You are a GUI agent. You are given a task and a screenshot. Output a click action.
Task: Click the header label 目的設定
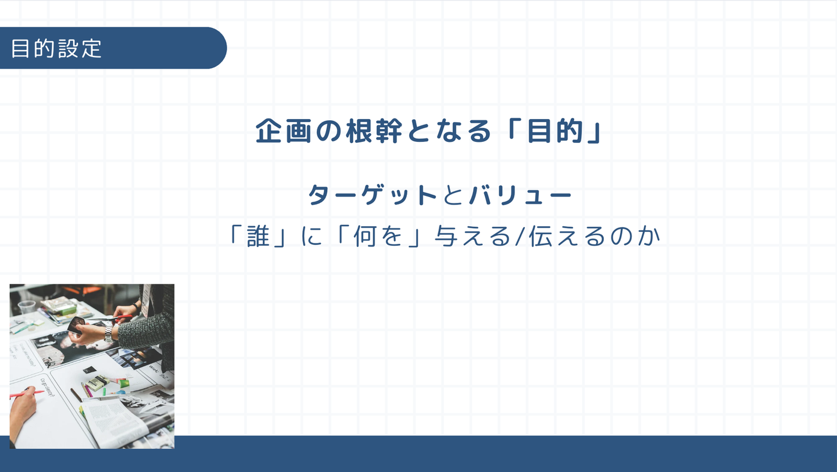56,49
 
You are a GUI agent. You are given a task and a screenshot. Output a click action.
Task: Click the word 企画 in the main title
283,131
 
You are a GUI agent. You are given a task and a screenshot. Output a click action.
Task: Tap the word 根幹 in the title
374,131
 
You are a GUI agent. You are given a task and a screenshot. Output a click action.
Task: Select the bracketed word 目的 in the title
555,131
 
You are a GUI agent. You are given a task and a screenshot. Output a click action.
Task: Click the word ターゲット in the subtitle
372,195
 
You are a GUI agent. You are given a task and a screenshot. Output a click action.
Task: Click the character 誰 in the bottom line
258,236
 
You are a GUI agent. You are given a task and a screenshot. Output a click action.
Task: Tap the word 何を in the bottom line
378,236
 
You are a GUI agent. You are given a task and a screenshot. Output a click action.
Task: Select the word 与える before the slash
473,236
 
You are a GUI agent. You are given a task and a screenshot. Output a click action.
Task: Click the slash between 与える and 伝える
520,236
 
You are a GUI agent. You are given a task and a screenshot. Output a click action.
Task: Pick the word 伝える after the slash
567,236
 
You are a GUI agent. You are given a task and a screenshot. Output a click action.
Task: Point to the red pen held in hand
26,394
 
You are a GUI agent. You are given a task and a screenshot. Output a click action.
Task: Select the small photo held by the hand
77,325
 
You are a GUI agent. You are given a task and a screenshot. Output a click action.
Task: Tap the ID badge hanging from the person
146,299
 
